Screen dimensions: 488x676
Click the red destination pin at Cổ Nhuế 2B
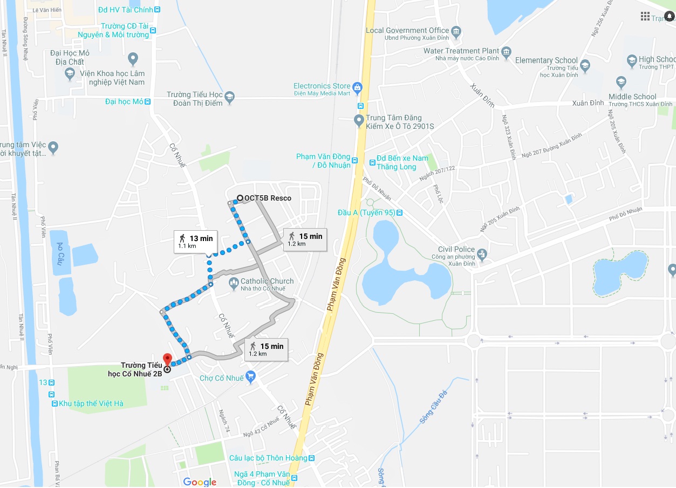[x=167, y=359]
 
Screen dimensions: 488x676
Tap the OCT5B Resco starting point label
[x=268, y=198]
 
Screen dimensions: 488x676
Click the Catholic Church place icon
[x=234, y=282]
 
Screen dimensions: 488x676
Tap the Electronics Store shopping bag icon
[x=357, y=86]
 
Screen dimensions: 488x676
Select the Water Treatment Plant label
[x=461, y=51]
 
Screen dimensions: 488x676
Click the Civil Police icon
[x=482, y=253]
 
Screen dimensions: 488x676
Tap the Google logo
[x=200, y=482]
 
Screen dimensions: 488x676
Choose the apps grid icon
[x=645, y=16]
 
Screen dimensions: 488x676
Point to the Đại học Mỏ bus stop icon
[x=148, y=101]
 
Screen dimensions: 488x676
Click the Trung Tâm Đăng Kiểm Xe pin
[x=359, y=121]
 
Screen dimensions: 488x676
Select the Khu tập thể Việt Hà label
[x=91, y=403]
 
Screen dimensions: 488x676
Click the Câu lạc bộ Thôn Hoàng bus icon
[x=311, y=458]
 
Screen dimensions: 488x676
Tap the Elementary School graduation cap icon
[x=585, y=66]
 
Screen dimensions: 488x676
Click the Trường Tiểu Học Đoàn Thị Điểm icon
[x=230, y=97]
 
